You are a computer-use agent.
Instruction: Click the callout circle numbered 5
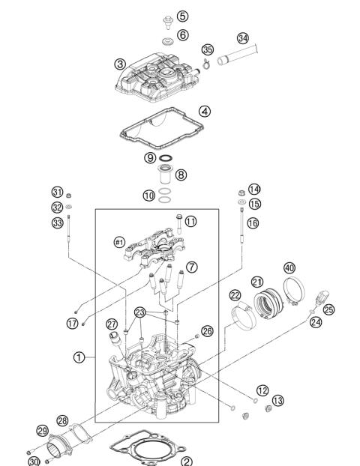pos(182,16)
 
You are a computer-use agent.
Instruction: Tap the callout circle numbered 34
pos(242,38)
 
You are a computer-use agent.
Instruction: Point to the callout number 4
pos(204,111)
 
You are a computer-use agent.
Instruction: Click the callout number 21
pos(257,282)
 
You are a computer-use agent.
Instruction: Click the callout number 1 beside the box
pos(79,357)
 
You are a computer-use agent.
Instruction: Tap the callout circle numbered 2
pos(187,462)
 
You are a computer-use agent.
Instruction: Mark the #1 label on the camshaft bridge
pos(118,241)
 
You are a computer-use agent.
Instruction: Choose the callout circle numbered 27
pos(112,324)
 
